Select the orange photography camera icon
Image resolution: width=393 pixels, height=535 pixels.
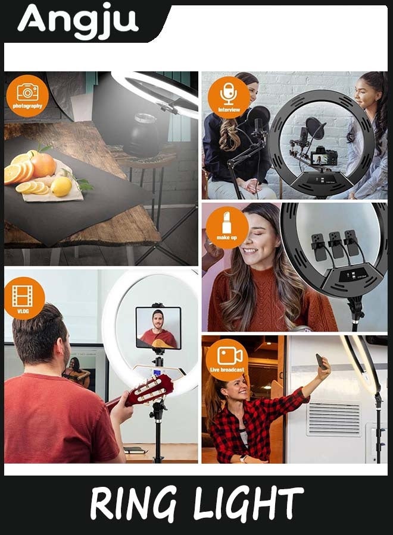[x=27, y=96]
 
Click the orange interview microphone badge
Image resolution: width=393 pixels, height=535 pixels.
[x=229, y=97]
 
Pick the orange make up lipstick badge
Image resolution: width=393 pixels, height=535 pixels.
[x=227, y=228]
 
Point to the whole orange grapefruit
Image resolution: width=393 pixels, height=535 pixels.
[x=43, y=165]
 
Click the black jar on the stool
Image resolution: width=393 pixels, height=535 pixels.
[x=141, y=135]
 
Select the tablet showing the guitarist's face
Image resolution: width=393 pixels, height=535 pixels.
[x=158, y=328]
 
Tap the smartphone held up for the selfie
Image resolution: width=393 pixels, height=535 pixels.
[x=320, y=361]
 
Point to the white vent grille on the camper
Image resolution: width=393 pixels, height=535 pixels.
[x=333, y=419]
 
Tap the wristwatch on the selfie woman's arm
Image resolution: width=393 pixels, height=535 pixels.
[x=243, y=458]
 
